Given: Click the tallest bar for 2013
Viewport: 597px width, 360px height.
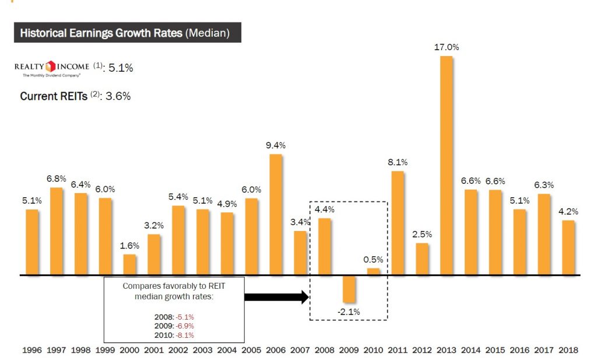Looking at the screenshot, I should (446, 165).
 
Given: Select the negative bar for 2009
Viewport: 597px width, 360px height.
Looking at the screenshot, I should (349, 288).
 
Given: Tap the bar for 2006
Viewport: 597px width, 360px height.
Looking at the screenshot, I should (276, 214).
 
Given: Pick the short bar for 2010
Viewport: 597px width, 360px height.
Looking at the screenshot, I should (373, 271).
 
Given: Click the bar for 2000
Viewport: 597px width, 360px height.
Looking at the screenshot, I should (129, 264).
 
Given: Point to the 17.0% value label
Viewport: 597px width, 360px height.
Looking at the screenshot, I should (447, 47).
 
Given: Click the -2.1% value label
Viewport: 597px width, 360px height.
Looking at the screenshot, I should (349, 312).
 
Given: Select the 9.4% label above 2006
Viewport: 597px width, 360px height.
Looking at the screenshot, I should (275, 145).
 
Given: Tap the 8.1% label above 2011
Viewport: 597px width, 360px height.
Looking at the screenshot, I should (398, 162).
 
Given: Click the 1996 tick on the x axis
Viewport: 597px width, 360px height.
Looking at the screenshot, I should (32, 350).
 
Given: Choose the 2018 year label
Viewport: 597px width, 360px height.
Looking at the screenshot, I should (568, 350).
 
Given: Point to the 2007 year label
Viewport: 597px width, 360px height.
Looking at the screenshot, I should (300, 350).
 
